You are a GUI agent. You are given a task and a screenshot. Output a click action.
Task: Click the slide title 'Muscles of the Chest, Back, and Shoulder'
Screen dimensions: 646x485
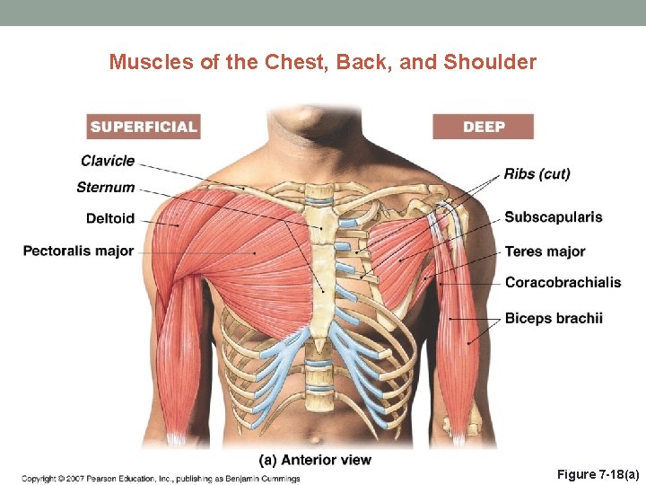(x=322, y=62)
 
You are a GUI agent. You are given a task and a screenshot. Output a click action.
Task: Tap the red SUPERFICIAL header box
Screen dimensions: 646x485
(x=144, y=127)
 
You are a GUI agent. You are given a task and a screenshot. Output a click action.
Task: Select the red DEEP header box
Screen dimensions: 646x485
(x=483, y=127)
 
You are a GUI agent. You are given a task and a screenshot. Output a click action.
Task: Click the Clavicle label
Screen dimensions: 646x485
(x=108, y=161)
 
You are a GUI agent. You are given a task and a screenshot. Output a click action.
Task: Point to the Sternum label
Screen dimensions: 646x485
(x=106, y=188)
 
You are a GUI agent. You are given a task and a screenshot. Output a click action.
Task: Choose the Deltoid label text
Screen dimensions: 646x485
(x=110, y=218)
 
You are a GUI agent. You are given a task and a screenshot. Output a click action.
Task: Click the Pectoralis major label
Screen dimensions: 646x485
(x=78, y=251)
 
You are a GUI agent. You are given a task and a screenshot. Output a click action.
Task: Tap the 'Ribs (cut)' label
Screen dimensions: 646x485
(x=537, y=173)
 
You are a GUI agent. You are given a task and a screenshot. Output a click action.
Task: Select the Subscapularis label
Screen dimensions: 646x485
(x=553, y=217)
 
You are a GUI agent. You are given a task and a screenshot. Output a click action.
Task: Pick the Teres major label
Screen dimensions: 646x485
(x=545, y=251)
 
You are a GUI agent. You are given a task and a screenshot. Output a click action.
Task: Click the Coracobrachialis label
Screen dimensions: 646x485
(x=563, y=283)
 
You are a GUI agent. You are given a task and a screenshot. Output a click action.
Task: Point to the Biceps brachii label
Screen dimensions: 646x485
(x=554, y=318)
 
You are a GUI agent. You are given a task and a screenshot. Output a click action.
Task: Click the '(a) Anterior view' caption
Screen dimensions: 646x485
(x=315, y=460)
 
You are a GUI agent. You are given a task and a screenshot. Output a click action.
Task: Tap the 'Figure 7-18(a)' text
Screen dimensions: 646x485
(x=598, y=474)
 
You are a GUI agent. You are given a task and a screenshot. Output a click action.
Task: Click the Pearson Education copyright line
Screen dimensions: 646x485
(x=161, y=477)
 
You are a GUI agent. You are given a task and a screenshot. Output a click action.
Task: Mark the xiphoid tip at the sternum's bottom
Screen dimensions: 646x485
(x=319, y=345)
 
